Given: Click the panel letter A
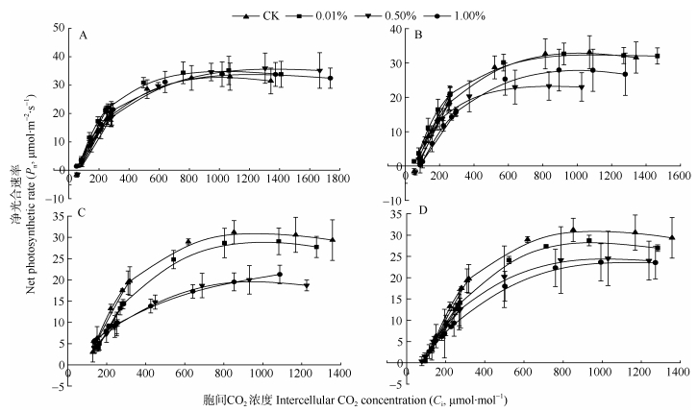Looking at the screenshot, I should click(x=85, y=36).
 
